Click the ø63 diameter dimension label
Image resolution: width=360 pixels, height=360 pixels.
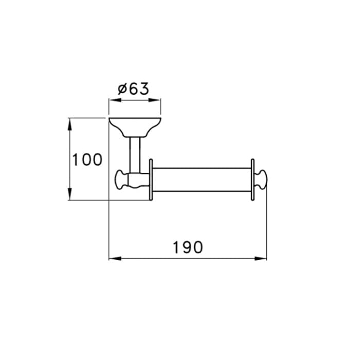point(133,89)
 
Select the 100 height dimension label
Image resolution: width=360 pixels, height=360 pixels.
point(87,159)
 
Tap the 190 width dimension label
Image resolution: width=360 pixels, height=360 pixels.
point(188,247)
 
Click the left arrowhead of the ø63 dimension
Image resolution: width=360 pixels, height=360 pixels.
point(115,100)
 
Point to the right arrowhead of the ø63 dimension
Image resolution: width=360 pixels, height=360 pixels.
point(154,100)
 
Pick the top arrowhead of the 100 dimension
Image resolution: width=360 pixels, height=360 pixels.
point(69,124)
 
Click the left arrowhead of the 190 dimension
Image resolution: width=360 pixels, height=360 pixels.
point(115,259)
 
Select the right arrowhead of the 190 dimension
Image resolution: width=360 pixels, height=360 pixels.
point(261,259)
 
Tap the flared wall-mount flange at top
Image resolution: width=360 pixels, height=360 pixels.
point(135,127)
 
